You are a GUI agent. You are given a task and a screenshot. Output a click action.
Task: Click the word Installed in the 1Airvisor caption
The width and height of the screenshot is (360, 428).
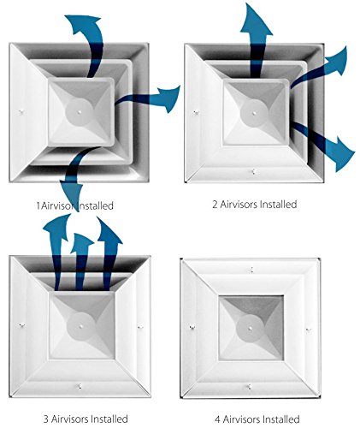pyautogui.click(x=96, y=205)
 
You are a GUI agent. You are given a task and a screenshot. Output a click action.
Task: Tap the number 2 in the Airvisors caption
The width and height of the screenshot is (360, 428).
pyautogui.click(x=215, y=205)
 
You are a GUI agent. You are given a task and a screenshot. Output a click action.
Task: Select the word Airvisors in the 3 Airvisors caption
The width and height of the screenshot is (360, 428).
pyautogui.click(x=69, y=419)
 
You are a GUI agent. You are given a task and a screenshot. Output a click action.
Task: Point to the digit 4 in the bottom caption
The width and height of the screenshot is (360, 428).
pyautogui.click(x=218, y=419)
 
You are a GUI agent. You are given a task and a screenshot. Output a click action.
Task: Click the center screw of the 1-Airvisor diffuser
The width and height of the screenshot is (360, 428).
pyautogui.click(x=80, y=111)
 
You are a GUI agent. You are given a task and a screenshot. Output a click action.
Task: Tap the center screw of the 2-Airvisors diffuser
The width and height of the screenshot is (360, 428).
pyautogui.click(x=254, y=113)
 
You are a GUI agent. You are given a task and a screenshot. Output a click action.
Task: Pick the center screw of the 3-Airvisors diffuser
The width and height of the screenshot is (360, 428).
pyautogui.click(x=81, y=325)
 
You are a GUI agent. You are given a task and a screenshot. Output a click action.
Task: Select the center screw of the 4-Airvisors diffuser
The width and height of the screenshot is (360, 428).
pyautogui.click(x=250, y=328)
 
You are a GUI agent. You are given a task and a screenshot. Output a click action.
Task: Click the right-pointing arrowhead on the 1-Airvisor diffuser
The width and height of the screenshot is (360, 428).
pyautogui.click(x=170, y=98)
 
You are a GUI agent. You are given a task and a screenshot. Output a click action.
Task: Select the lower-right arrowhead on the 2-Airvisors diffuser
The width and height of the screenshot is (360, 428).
pyautogui.click(x=343, y=154)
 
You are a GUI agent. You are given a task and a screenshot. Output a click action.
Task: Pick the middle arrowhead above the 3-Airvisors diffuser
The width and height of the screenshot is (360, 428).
pyautogui.click(x=81, y=242)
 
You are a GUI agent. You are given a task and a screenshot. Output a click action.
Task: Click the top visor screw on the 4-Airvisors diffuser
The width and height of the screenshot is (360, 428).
pyautogui.click(x=251, y=270)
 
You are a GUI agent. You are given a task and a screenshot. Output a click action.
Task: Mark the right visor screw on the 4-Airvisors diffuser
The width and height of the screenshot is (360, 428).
pyautogui.click(x=308, y=330)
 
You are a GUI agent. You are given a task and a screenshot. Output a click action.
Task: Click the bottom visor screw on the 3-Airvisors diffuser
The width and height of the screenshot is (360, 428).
pyautogui.click(x=80, y=386)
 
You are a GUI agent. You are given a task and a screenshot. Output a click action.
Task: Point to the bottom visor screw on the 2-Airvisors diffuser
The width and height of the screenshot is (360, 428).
pyautogui.click(x=254, y=171)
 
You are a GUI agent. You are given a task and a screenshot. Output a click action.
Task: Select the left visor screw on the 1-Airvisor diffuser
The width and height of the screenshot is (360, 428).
pyautogui.click(x=21, y=112)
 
